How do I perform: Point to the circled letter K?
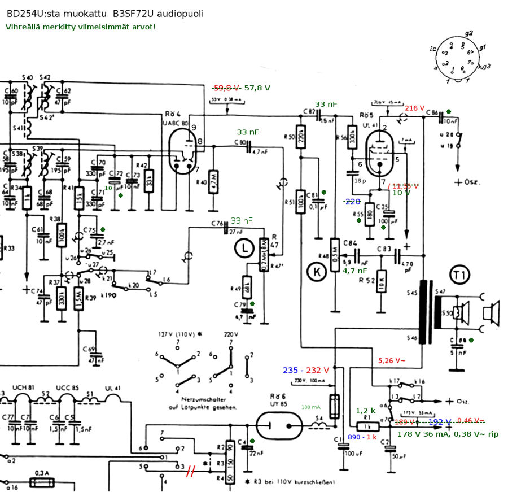click(x=317, y=272)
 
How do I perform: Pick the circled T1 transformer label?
click(x=460, y=276)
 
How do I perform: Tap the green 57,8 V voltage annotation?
click(x=257, y=88)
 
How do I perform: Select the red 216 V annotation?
click(x=414, y=108)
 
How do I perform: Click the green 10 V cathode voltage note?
click(x=401, y=193)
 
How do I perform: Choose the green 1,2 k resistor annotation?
click(x=366, y=411)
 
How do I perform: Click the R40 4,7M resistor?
click(x=213, y=181)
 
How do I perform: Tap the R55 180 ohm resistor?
click(x=370, y=215)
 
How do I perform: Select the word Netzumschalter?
click(x=201, y=399)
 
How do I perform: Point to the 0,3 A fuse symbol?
click(x=42, y=483)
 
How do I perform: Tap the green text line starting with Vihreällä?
click(x=81, y=27)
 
